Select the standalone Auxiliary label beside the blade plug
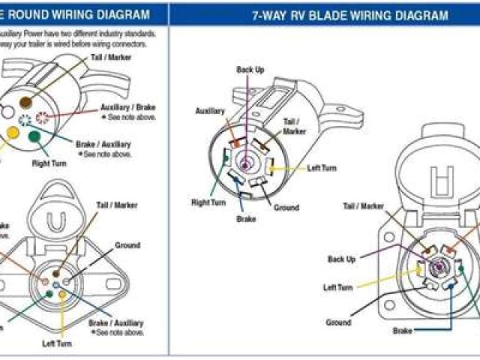(x=210, y=111)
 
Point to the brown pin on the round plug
(x=26, y=102)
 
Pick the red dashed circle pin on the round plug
(x=42, y=117)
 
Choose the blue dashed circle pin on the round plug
(x=25, y=121)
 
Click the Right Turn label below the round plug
(x=49, y=162)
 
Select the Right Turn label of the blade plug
(x=208, y=202)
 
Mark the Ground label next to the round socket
(x=127, y=245)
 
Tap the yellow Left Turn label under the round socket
(x=56, y=343)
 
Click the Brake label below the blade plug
(x=246, y=220)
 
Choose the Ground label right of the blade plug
(x=286, y=208)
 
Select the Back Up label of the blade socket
(x=342, y=259)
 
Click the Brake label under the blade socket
(x=403, y=329)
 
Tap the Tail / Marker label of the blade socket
(x=364, y=206)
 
